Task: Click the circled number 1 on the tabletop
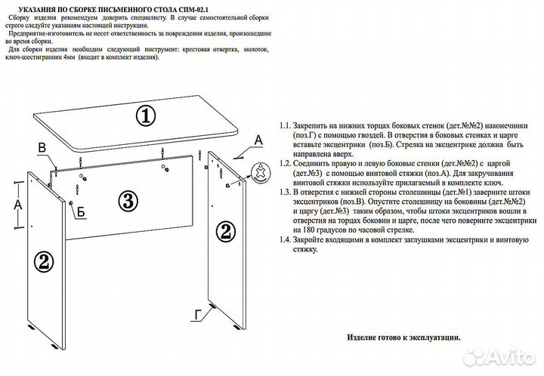(x=145, y=116)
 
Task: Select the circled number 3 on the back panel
(x=128, y=201)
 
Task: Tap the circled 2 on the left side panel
(x=43, y=262)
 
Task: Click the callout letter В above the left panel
(x=42, y=146)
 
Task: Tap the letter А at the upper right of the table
(x=258, y=140)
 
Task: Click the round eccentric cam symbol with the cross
(x=260, y=171)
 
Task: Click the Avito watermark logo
(x=499, y=356)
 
